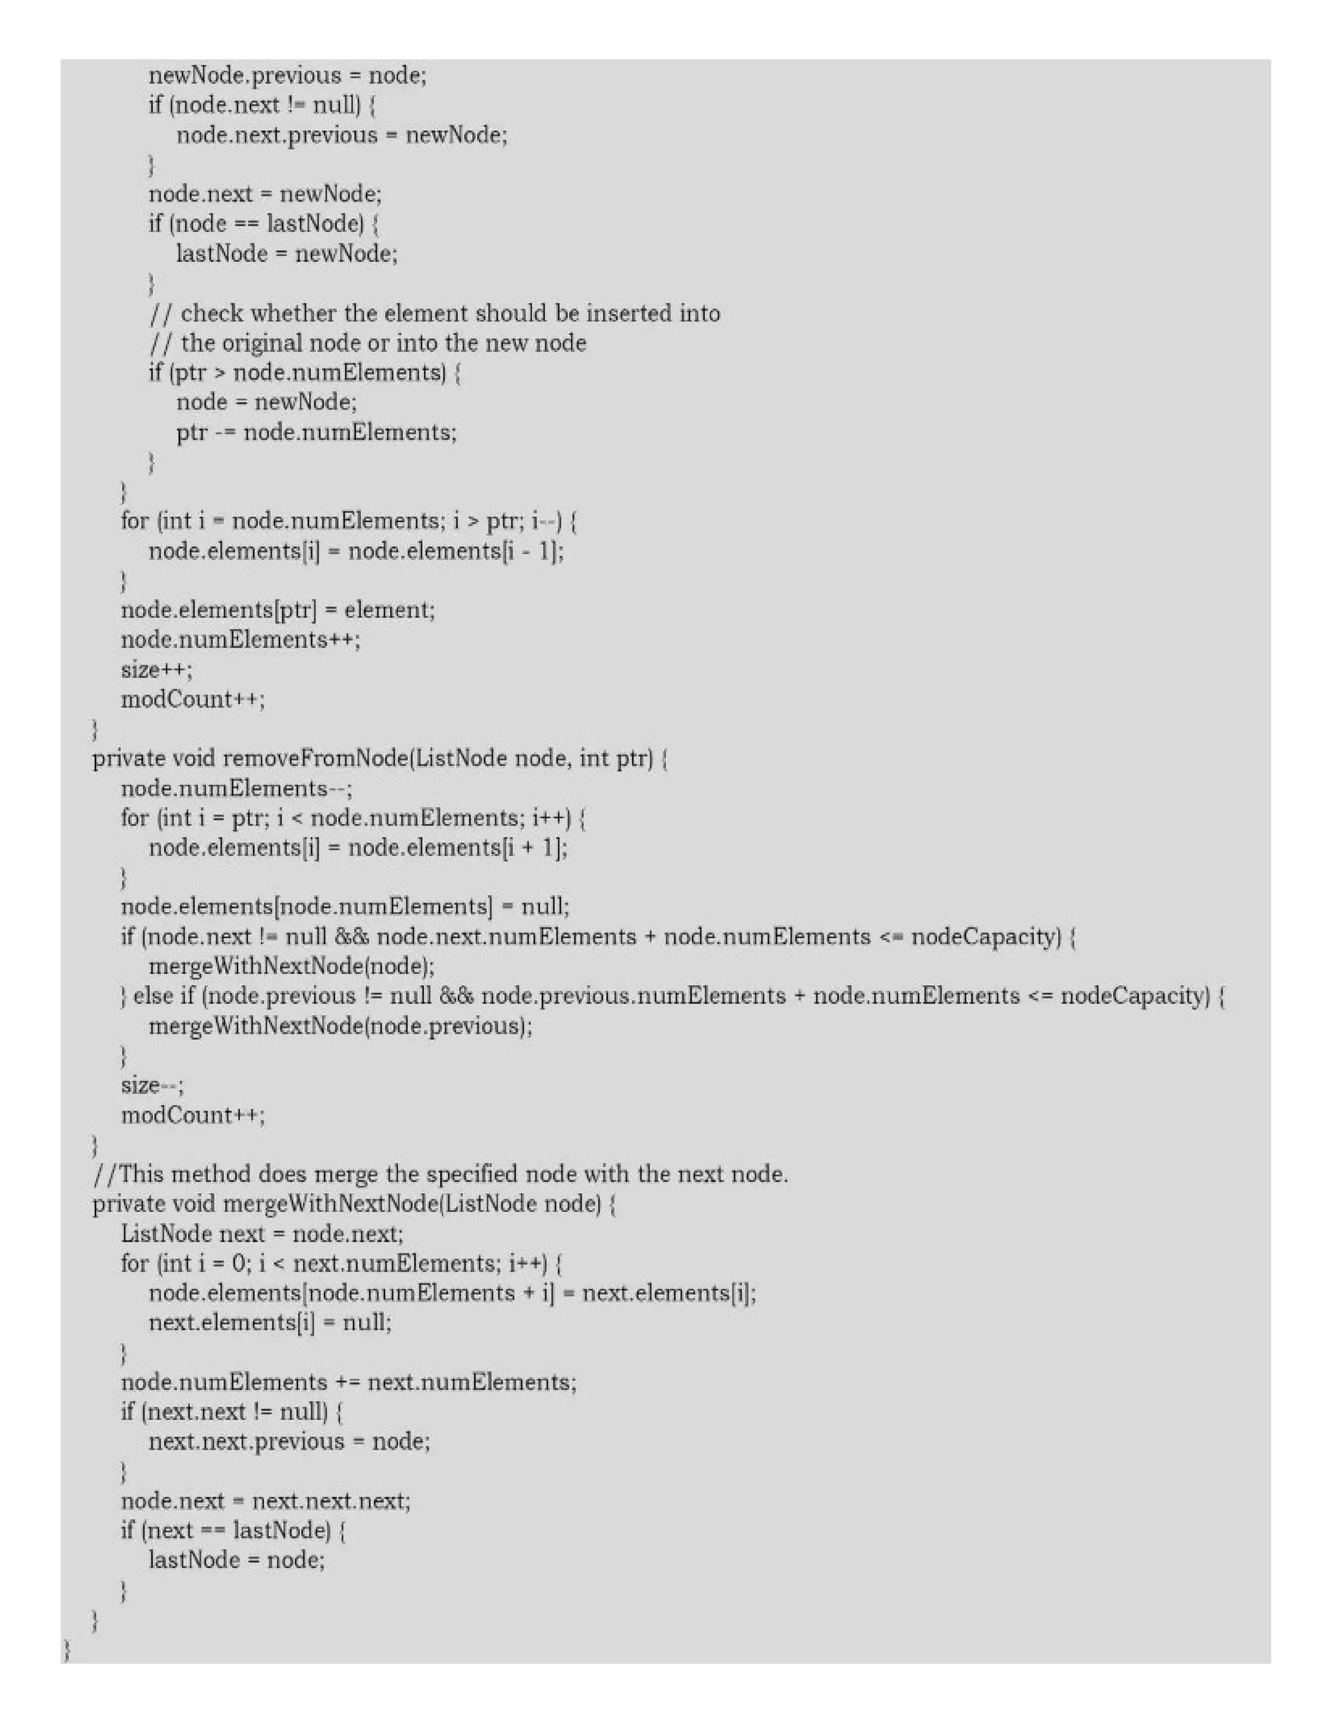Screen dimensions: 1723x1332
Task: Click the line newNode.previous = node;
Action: tap(287, 75)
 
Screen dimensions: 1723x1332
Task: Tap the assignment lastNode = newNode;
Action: tap(286, 254)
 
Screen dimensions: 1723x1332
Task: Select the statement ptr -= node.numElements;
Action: tap(315, 432)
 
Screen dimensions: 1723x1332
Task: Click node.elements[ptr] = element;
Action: tap(277, 610)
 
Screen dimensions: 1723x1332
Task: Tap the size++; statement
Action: tap(156, 670)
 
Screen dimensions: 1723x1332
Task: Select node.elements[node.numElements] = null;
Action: tap(344, 906)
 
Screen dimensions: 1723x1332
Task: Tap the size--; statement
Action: tap(152, 1086)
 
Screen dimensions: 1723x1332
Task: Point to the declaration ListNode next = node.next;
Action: tap(261, 1234)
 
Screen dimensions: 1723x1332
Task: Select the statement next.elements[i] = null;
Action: tap(270, 1322)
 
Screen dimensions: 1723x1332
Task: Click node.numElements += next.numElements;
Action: tap(348, 1382)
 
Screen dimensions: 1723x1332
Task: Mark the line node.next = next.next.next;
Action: tap(265, 1501)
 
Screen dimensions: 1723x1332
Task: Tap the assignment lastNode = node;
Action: tap(236, 1560)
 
